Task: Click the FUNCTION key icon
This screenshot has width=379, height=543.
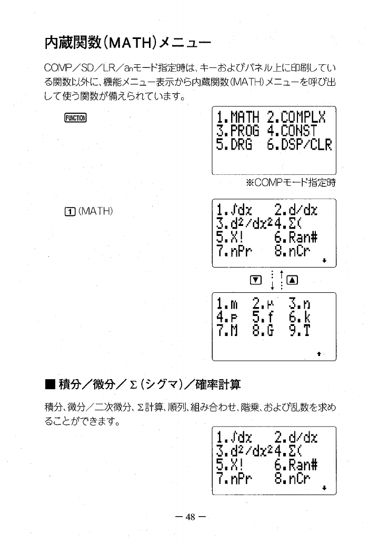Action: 77,117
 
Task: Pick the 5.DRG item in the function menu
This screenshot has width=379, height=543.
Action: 235,144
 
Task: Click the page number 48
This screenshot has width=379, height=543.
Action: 189,517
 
